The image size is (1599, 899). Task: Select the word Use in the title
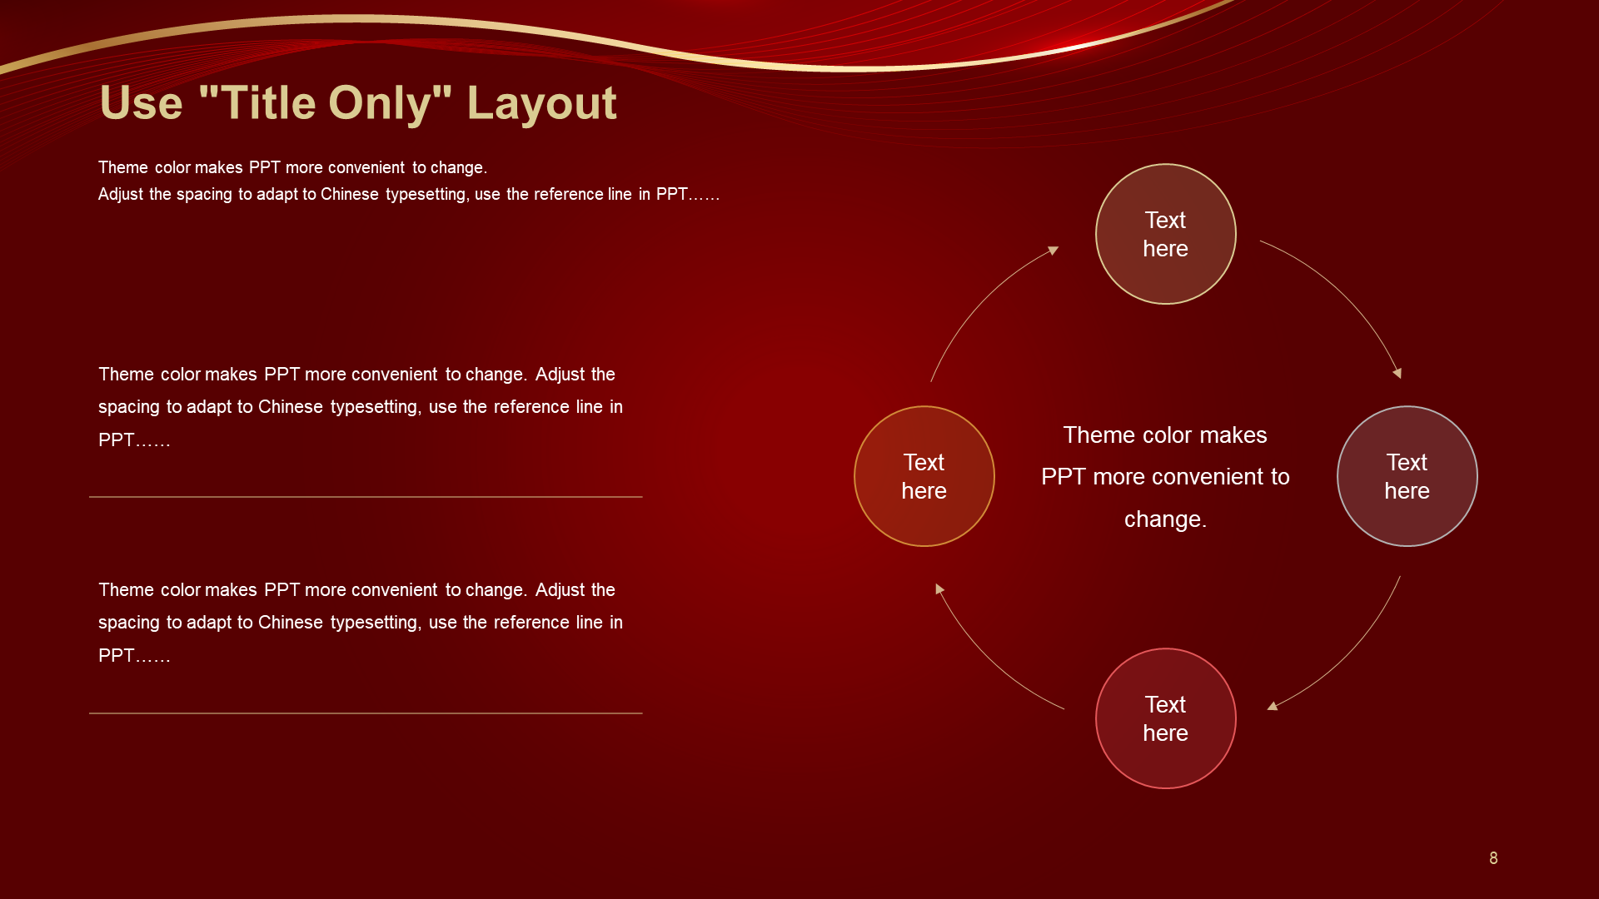tap(141, 103)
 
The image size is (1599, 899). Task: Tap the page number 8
tap(1493, 858)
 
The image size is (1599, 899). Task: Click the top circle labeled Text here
tap(1165, 234)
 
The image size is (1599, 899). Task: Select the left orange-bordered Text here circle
tap(924, 476)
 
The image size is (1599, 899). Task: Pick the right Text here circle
tap(1407, 476)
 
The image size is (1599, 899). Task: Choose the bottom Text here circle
tap(1165, 718)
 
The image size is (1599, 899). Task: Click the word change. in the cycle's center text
tap(1165, 519)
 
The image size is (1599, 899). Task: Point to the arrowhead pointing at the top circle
tap(1054, 250)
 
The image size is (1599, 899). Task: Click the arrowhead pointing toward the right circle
tap(1397, 373)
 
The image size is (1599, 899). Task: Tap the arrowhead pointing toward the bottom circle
tap(1272, 707)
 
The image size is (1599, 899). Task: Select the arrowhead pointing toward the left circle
tap(939, 589)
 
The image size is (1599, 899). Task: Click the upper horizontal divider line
tap(366, 497)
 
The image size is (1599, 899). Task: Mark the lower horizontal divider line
tap(366, 713)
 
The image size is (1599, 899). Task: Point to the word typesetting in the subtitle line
tap(426, 195)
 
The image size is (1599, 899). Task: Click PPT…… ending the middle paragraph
tap(134, 440)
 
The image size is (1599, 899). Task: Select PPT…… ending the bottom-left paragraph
tap(134, 656)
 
